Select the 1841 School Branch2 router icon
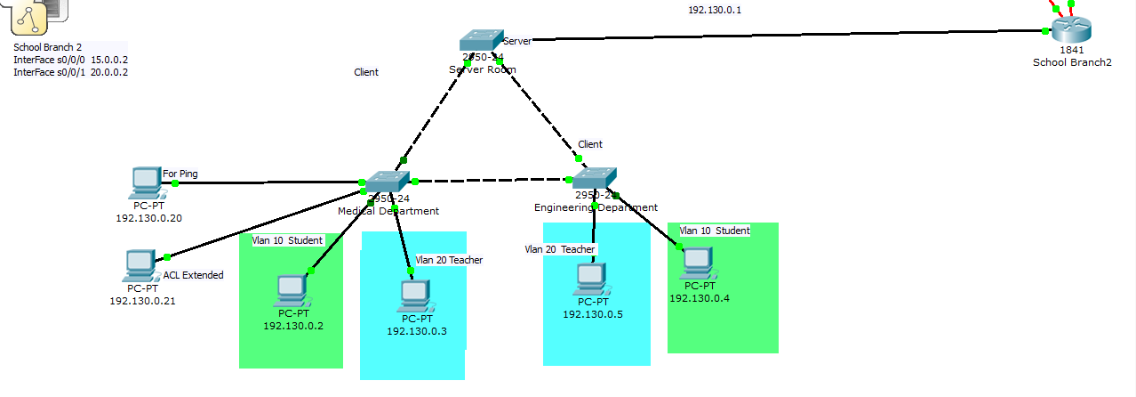click(x=1070, y=30)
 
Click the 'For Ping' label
click(x=181, y=174)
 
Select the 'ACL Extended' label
click(x=193, y=275)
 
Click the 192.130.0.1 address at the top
click(x=714, y=10)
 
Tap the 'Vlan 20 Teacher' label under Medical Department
click(x=449, y=260)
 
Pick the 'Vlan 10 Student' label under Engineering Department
click(x=715, y=231)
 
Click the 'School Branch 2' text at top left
click(x=46, y=47)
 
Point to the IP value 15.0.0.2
click(x=110, y=60)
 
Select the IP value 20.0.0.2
click(x=110, y=72)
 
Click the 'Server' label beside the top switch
click(x=516, y=41)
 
